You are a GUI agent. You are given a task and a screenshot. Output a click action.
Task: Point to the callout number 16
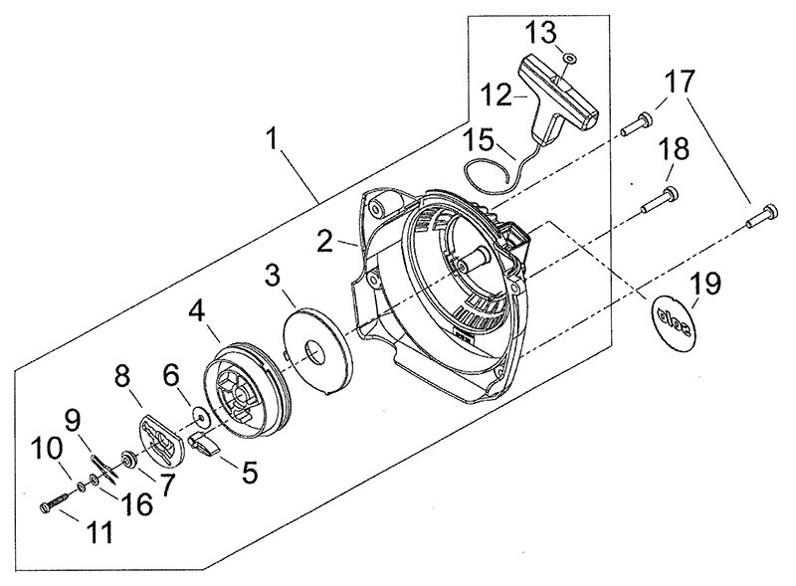[139, 505]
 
